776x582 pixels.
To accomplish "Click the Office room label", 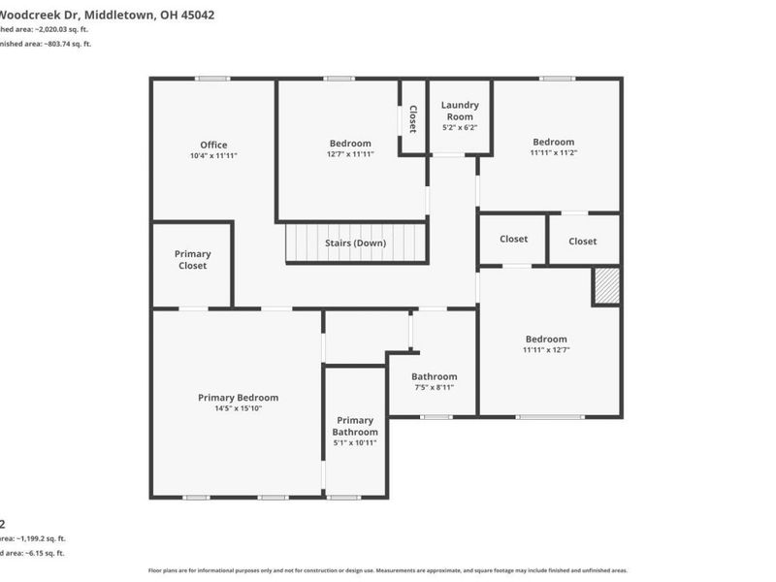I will point(213,145).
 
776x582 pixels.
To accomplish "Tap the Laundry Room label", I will point(460,111).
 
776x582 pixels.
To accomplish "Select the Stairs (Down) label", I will point(355,242).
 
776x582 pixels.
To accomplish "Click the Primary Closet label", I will point(192,259).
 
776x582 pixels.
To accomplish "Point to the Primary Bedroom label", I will point(238,398).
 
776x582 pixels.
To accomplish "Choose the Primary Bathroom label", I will point(355,426).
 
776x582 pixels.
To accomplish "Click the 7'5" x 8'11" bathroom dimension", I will point(434,387).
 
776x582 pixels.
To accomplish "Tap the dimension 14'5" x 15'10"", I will point(238,408).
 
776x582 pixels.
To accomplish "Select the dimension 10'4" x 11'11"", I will point(213,155).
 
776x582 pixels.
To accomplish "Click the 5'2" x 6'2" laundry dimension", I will point(460,127).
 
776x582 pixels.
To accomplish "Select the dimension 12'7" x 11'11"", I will point(350,153).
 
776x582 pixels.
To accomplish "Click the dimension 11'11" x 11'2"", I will point(553,152).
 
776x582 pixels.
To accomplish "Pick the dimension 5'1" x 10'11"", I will point(355,442).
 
